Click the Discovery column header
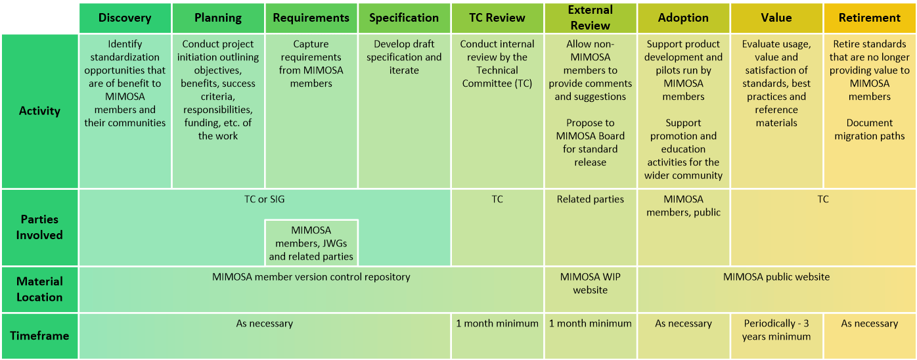(x=125, y=18)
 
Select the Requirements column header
(x=311, y=18)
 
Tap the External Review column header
(x=590, y=18)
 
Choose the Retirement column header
(x=870, y=18)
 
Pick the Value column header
(x=776, y=18)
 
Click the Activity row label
(x=39, y=111)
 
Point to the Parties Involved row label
(x=39, y=227)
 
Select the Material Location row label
(x=39, y=289)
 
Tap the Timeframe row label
(x=39, y=336)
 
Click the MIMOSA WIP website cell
(x=590, y=283)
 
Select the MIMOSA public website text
(x=776, y=277)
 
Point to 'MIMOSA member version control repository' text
(x=311, y=277)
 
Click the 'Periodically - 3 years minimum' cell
(x=776, y=330)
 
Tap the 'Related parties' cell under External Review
(x=590, y=199)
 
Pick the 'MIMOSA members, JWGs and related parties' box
(x=311, y=243)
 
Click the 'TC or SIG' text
(x=265, y=199)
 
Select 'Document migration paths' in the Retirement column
(x=870, y=129)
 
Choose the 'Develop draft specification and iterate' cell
(x=404, y=57)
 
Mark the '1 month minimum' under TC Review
(x=497, y=323)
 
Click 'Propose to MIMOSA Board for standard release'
(x=590, y=143)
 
